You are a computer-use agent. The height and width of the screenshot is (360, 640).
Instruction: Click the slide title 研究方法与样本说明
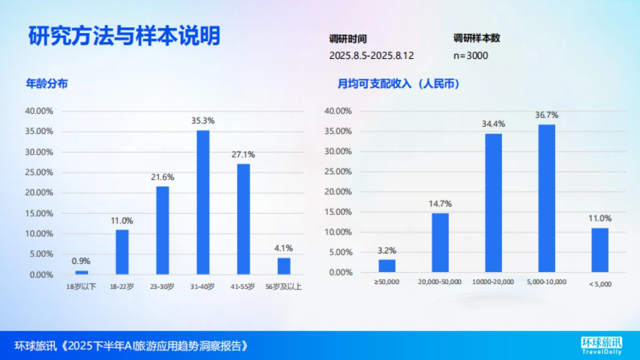pyautogui.click(x=124, y=37)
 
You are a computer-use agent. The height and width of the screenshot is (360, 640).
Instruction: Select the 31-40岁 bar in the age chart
pyautogui.click(x=203, y=202)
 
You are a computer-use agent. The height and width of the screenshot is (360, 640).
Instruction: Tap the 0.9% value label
pyautogui.click(x=81, y=261)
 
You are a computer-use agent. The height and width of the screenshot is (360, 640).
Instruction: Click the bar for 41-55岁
pyautogui.click(x=243, y=219)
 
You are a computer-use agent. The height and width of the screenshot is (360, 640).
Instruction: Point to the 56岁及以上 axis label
pyautogui.click(x=283, y=287)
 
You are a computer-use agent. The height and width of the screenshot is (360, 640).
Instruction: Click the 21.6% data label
pyautogui.click(x=163, y=177)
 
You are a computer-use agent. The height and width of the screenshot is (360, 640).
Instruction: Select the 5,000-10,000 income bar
pyautogui.click(x=547, y=198)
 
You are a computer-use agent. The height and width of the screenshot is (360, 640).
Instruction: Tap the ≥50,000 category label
pyautogui.click(x=387, y=282)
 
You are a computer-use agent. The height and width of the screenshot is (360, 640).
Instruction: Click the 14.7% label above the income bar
pyautogui.click(x=440, y=204)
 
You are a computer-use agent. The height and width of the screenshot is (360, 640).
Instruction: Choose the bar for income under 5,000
pyautogui.click(x=599, y=250)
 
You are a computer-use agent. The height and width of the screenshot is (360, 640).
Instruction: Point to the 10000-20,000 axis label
pyautogui.click(x=493, y=282)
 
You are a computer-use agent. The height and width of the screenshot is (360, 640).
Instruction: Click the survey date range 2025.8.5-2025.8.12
pyautogui.click(x=371, y=55)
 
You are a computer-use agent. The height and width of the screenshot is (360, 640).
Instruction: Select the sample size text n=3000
pyautogui.click(x=470, y=55)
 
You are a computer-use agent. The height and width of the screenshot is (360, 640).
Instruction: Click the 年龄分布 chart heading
pyautogui.click(x=47, y=84)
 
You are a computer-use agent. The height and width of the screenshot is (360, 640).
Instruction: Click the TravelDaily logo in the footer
pyautogui.click(x=601, y=346)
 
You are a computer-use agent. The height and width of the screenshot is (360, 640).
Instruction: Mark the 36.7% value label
pyautogui.click(x=547, y=115)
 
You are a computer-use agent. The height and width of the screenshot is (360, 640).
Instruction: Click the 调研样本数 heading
pyautogui.click(x=476, y=38)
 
